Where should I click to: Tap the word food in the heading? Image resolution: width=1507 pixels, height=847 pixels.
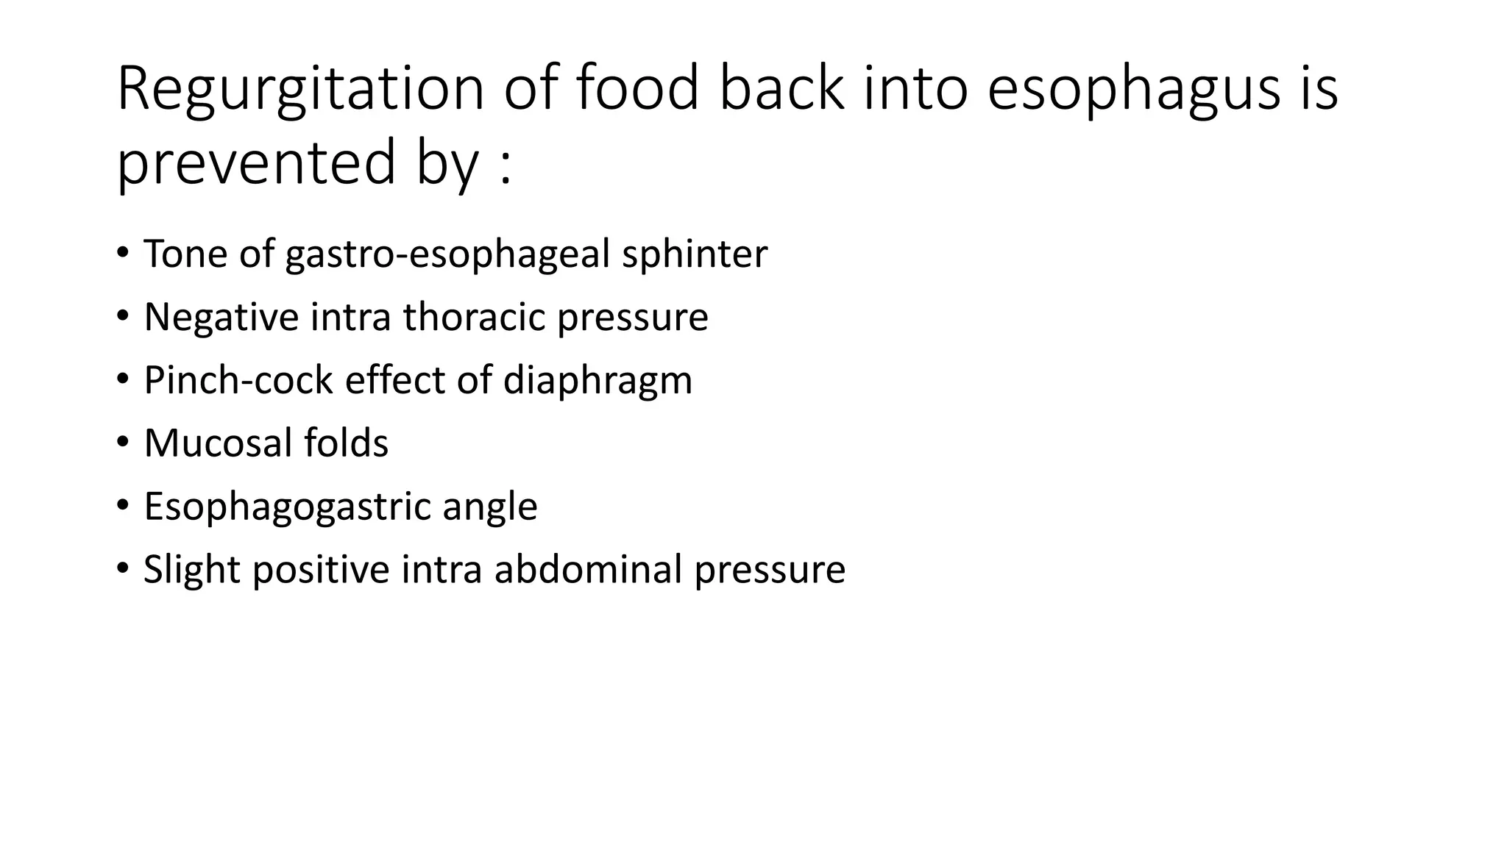point(637,90)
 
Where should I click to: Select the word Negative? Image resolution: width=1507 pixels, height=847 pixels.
point(221,317)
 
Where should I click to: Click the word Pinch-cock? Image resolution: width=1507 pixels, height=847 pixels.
point(238,380)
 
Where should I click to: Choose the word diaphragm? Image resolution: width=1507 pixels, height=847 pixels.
point(598,382)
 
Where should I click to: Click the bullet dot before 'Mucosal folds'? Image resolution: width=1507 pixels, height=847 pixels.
point(122,443)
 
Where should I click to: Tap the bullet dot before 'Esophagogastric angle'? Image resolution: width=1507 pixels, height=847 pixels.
point(122,506)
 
